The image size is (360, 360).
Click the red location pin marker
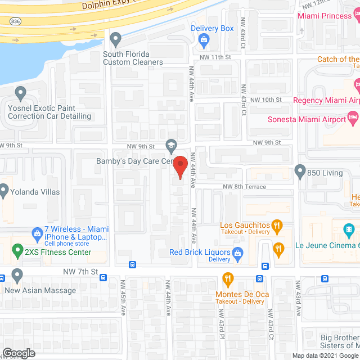[x=179, y=166]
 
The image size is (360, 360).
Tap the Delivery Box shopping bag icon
[x=204, y=39]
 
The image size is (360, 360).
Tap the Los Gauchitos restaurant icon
[x=277, y=226]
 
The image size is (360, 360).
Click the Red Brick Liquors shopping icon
[x=238, y=253]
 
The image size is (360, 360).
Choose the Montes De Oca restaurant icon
[x=227, y=278]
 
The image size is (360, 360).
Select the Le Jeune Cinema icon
[x=349, y=229]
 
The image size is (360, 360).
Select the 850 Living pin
[x=300, y=170]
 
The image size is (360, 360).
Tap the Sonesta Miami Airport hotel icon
[x=353, y=118]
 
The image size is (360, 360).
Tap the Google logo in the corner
[x=18, y=353]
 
